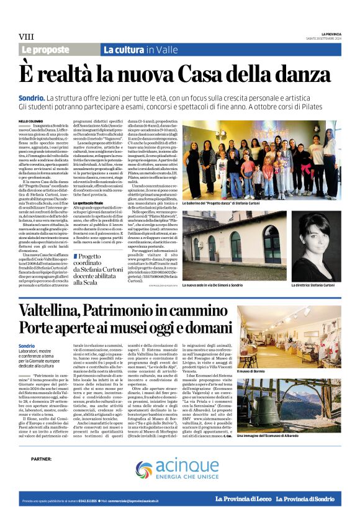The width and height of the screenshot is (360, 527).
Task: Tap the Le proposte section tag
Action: [47, 49]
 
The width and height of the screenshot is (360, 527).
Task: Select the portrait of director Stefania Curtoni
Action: [317, 248]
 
